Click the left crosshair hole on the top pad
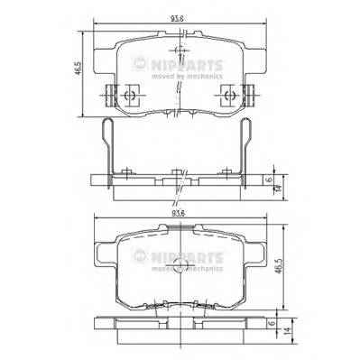pos(130,94)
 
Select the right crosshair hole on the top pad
pos(232,94)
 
